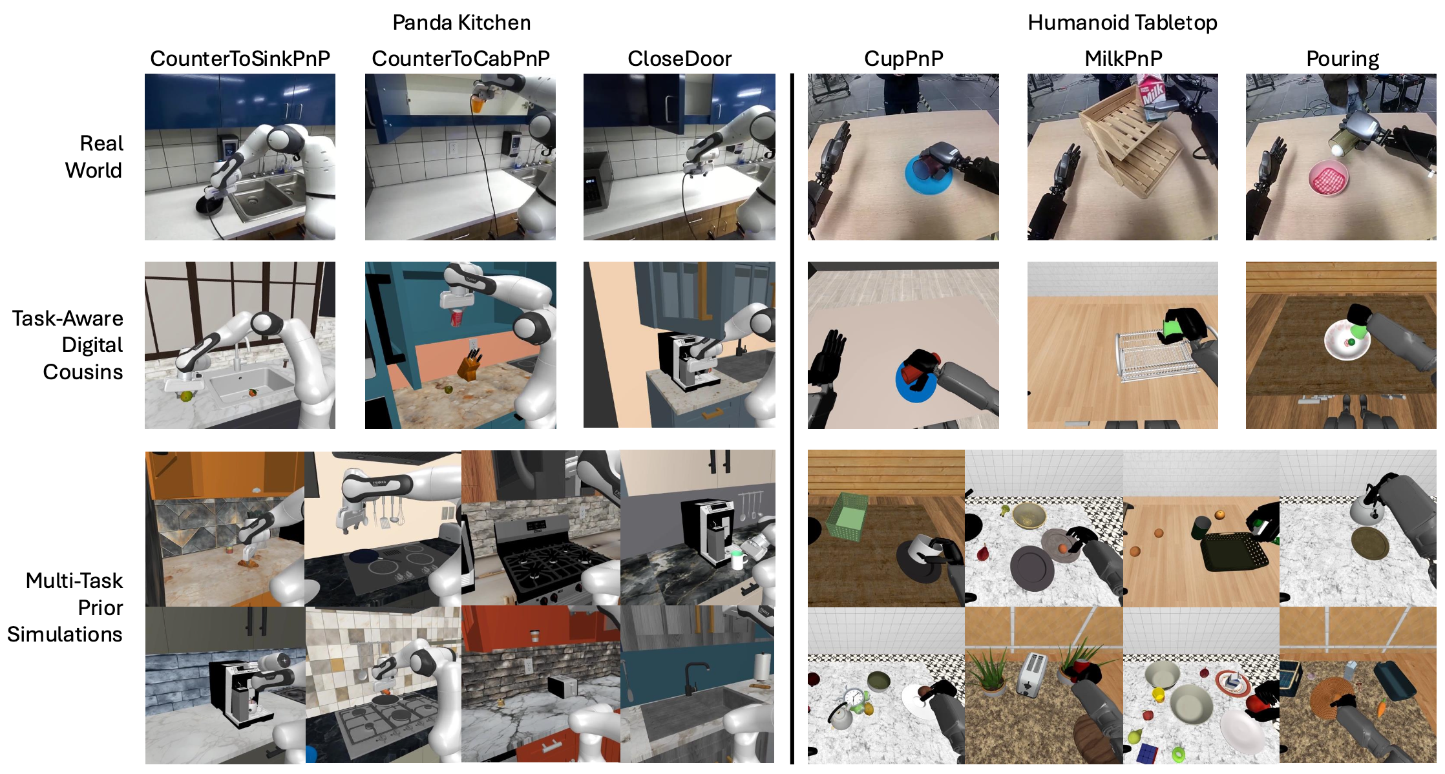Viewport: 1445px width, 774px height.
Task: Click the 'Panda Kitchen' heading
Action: [x=461, y=23]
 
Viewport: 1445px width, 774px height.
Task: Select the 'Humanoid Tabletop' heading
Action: [x=1123, y=23]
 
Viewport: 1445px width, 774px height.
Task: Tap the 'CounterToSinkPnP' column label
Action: [x=240, y=59]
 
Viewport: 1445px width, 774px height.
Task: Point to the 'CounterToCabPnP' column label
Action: [x=461, y=59]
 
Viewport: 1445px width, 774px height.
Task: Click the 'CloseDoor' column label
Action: [x=679, y=59]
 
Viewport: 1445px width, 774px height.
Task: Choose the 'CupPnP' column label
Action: [x=903, y=59]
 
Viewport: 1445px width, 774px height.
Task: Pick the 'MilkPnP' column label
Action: [x=1123, y=59]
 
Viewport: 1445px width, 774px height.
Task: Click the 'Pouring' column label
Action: [x=1342, y=59]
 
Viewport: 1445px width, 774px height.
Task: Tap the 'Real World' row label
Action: [x=94, y=157]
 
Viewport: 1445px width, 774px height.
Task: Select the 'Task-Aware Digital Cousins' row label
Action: [x=67, y=345]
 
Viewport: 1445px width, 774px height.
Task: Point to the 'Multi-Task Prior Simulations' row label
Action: [x=65, y=607]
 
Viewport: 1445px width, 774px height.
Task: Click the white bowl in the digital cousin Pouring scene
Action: [x=1347, y=340]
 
